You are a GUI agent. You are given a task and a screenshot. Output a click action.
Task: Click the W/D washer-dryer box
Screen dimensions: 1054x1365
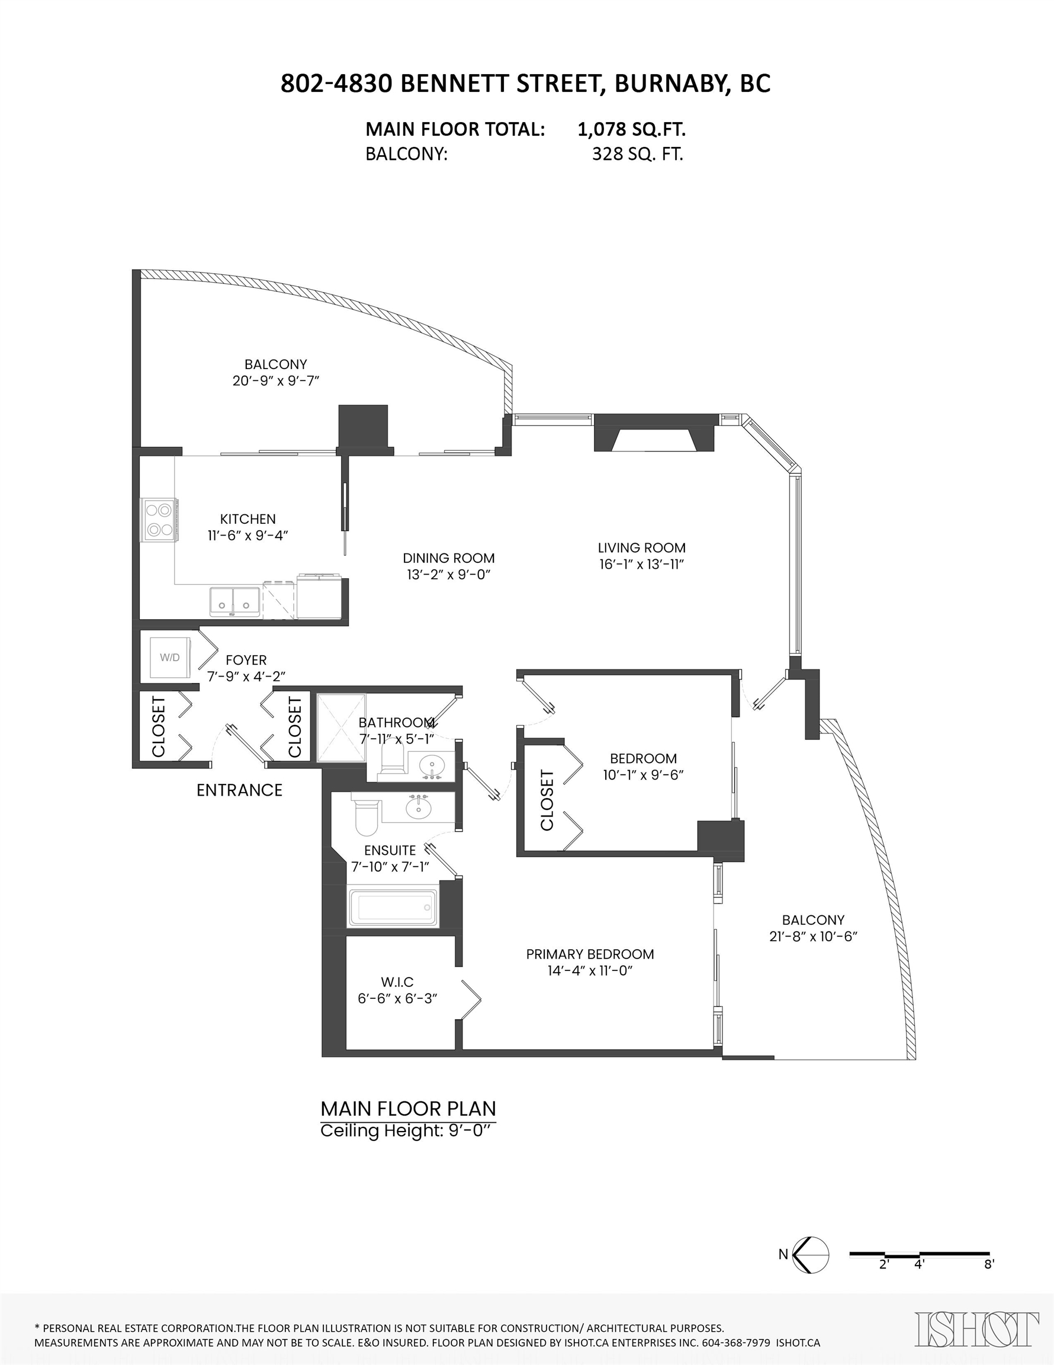169,658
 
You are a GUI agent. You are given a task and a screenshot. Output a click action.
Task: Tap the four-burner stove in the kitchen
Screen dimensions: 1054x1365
159,520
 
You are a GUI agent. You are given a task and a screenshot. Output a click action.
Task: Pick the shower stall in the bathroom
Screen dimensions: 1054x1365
342,728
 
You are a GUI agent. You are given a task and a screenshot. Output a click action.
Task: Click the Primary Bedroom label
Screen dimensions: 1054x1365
590,954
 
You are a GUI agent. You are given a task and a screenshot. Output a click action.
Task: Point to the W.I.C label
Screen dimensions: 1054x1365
397,982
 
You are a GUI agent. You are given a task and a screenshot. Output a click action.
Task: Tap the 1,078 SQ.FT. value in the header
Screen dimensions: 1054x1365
632,129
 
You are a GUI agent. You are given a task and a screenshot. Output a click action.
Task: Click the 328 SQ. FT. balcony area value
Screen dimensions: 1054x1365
637,154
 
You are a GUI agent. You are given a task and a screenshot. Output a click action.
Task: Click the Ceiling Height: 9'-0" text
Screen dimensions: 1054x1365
408,1130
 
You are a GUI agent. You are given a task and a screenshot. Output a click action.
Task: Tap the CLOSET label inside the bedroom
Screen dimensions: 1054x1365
547,800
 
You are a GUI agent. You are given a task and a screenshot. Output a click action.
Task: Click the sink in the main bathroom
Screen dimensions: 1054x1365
430,765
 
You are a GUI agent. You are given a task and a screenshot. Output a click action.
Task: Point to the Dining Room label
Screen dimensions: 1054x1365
449,558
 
